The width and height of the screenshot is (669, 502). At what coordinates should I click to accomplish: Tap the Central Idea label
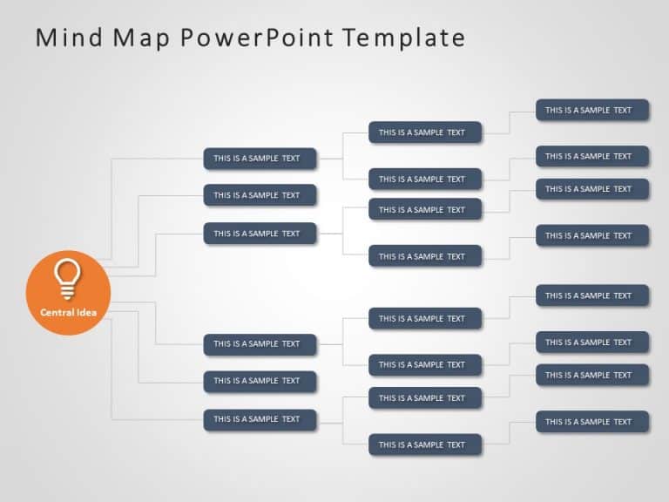coord(68,312)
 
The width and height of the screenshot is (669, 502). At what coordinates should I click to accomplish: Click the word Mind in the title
coord(66,37)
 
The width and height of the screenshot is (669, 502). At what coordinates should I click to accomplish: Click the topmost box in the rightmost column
coord(591,110)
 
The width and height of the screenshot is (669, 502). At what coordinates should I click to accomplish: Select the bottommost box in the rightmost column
coord(591,422)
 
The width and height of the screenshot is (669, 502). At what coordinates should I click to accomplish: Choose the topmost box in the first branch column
coord(260,159)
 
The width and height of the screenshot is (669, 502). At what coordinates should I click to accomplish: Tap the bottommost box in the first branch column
coord(260,419)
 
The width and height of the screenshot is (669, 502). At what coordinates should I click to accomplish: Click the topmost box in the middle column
coord(425,132)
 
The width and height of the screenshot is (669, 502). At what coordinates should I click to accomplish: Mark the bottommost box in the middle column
coord(425,444)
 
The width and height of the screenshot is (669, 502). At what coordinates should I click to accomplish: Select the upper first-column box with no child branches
coord(260,195)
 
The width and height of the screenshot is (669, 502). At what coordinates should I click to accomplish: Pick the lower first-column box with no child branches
coord(260,381)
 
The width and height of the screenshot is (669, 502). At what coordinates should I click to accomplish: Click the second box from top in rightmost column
coord(591,157)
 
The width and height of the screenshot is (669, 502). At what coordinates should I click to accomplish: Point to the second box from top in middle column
coord(425,180)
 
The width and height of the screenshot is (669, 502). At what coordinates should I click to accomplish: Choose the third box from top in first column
coord(260,234)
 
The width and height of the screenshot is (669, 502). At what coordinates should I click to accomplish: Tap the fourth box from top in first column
coord(260,344)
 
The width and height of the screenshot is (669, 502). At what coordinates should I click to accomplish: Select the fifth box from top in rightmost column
coord(591,295)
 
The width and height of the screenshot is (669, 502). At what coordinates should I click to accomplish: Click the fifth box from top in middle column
coord(425,319)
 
